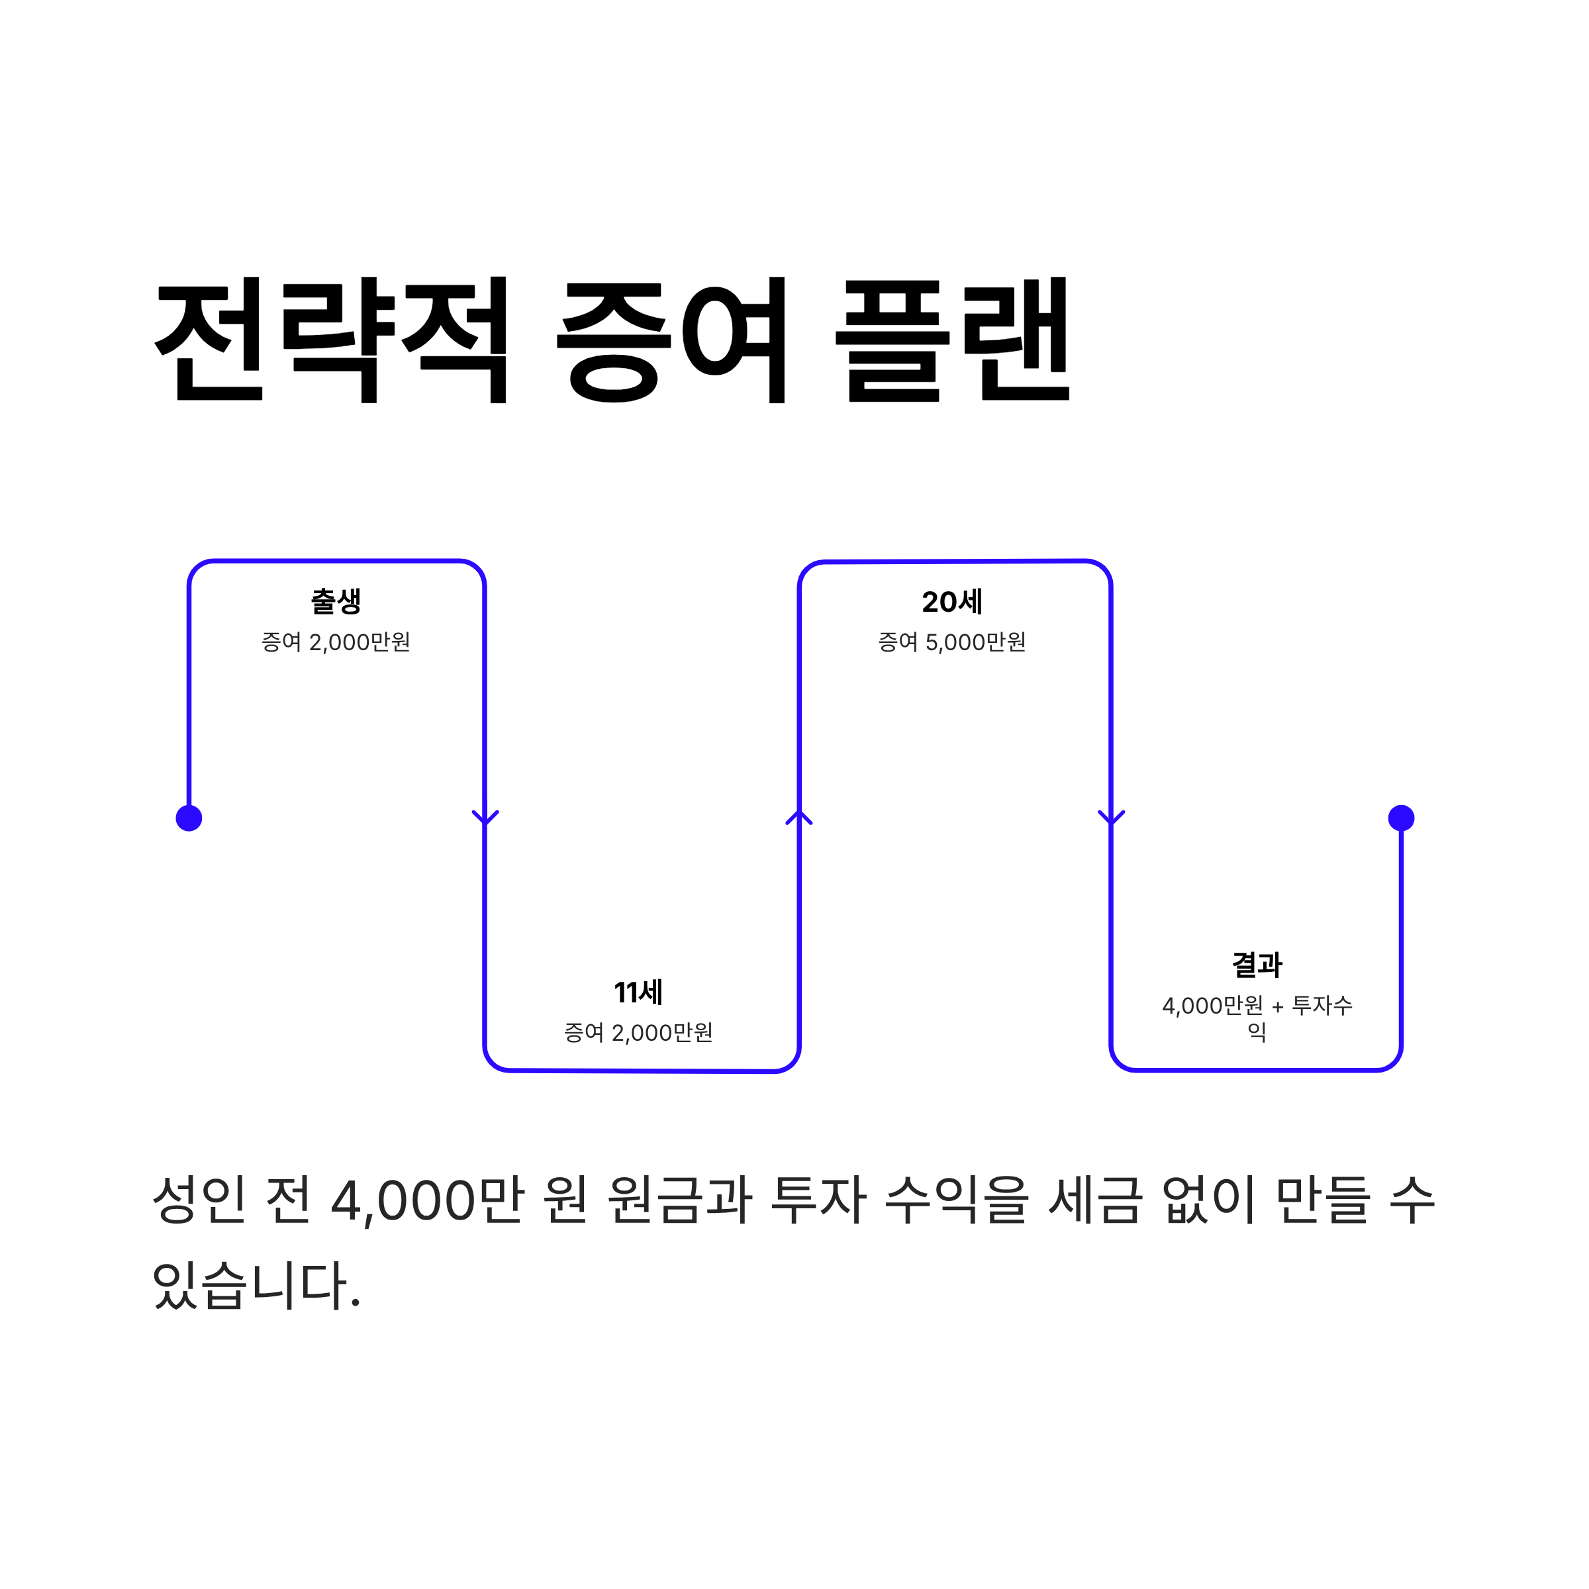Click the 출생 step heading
point(336,601)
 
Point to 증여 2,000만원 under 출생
point(336,642)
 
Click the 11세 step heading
point(638,992)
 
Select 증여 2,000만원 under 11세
point(638,1033)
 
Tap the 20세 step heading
point(953,602)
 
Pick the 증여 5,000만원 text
point(953,642)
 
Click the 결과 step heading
point(1257,965)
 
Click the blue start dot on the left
point(189,818)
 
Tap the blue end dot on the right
point(1402,818)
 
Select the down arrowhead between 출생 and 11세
point(485,817)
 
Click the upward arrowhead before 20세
point(798,817)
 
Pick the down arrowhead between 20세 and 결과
point(1111,817)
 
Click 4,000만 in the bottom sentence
point(428,1200)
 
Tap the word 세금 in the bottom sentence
point(1096,1200)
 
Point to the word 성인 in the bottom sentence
point(200,1200)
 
